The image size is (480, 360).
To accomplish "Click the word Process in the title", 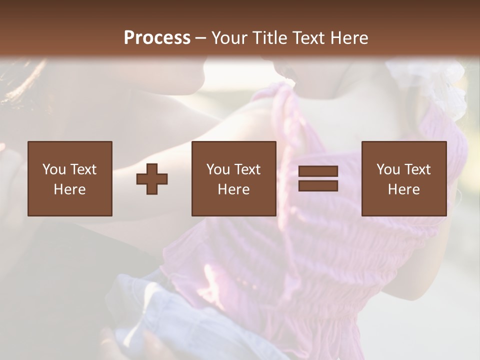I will pyautogui.click(x=157, y=38).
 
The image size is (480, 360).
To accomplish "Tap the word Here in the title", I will pyautogui.click(x=348, y=38).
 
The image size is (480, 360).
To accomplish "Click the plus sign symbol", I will pyautogui.click(x=152, y=178).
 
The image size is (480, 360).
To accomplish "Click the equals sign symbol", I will pyautogui.click(x=318, y=178).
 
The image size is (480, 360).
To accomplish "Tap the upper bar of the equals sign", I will pyautogui.click(x=318, y=171).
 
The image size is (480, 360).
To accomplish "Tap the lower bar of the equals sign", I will pyautogui.click(x=318, y=185).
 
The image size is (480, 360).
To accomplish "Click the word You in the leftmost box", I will pyautogui.click(x=53, y=169).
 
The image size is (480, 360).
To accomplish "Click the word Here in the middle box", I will pyautogui.click(x=233, y=189).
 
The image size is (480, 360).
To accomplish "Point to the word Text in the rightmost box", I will pyautogui.click(x=417, y=169).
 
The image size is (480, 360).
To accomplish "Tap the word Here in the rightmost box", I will pyautogui.click(x=404, y=189).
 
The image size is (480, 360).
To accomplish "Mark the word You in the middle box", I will pyautogui.click(x=217, y=169).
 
